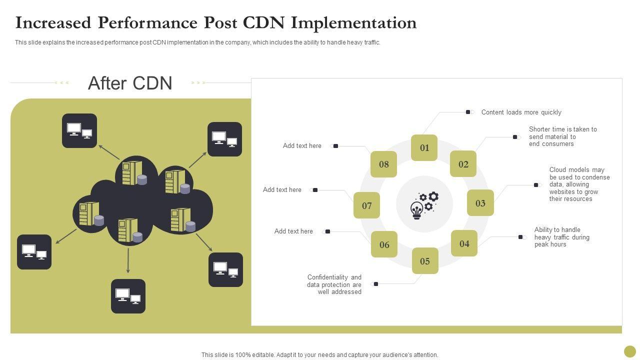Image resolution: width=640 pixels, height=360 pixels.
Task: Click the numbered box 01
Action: (424, 147)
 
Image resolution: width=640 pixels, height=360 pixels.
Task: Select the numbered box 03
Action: (480, 203)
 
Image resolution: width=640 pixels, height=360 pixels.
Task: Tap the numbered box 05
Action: (425, 261)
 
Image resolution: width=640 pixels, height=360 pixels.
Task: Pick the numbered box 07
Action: (367, 205)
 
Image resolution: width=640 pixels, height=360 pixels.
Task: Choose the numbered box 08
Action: (383, 164)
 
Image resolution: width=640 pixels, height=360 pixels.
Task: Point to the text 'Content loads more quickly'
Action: (521, 112)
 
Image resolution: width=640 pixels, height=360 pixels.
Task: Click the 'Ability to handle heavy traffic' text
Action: (561, 237)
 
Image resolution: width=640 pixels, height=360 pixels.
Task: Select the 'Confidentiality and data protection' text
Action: (334, 284)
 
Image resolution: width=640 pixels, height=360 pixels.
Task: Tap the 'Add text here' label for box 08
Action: (302, 146)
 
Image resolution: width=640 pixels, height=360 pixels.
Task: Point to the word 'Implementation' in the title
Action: (354, 23)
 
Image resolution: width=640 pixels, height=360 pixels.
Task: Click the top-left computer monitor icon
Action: (79, 131)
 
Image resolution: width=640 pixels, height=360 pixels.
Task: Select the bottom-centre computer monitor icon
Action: (128, 296)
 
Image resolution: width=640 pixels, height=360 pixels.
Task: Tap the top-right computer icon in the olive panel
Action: (224, 139)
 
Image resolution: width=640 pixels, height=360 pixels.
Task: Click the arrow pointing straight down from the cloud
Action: (128, 260)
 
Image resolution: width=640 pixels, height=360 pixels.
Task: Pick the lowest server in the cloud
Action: (128, 230)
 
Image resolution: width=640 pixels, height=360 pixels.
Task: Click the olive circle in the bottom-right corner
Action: (630, 351)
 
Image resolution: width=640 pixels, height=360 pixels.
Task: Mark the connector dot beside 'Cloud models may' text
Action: (536, 185)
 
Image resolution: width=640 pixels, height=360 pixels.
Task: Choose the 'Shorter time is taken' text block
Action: (562, 136)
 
